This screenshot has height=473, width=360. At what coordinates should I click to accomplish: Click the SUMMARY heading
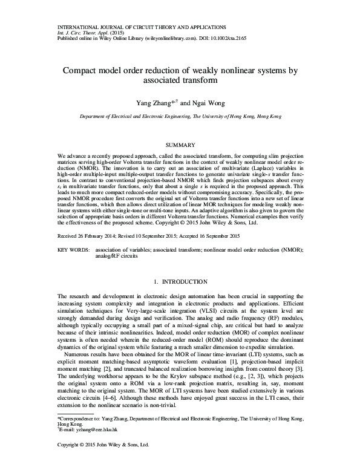tap(180, 146)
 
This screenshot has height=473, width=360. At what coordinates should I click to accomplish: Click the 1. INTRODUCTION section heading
tap(180, 282)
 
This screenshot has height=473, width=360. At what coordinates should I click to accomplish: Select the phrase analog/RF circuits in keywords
tap(116, 255)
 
